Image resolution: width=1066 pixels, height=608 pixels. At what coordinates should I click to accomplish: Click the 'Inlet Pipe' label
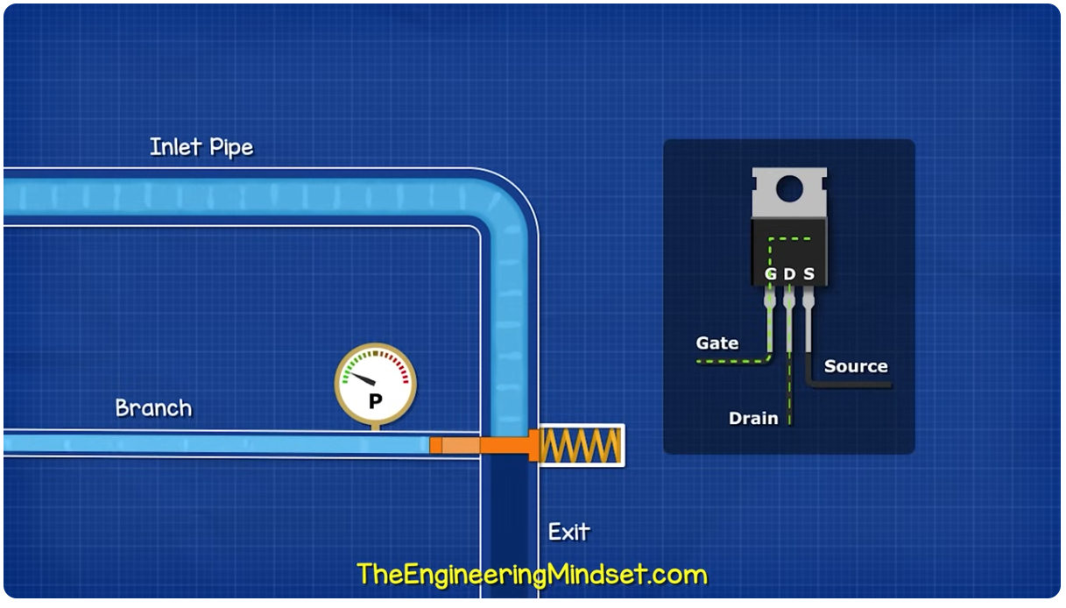201,147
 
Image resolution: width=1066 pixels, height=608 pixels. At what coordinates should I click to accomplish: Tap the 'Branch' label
153,408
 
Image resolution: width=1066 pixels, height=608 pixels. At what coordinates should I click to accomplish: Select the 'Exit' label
569,532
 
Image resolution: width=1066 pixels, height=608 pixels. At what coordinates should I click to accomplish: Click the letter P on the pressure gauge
376,401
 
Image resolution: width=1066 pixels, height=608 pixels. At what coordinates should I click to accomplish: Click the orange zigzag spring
581,445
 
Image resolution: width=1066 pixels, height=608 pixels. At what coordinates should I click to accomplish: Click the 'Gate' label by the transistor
717,343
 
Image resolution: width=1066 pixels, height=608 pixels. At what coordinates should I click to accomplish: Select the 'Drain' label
753,419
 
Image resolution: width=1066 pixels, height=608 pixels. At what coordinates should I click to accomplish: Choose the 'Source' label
856,366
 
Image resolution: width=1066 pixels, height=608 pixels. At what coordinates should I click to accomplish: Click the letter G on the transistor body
771,274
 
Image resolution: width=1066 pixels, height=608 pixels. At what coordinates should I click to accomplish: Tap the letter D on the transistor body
789,274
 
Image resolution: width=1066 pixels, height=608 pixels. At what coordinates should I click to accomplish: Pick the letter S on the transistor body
808,274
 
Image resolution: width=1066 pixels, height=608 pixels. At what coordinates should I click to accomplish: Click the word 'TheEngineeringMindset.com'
532,575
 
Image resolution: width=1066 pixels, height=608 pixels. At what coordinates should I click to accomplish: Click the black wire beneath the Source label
850,384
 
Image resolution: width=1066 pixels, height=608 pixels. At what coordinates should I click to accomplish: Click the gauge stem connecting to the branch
376,427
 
